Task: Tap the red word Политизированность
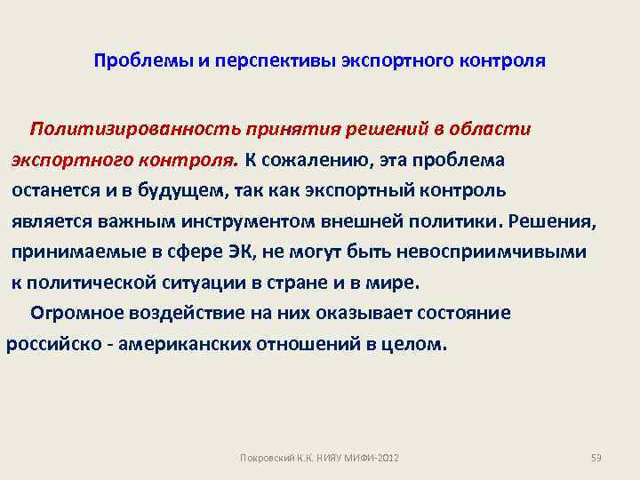coord(132,129)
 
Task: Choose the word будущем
coord(183,190)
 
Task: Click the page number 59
coord(596,457)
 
